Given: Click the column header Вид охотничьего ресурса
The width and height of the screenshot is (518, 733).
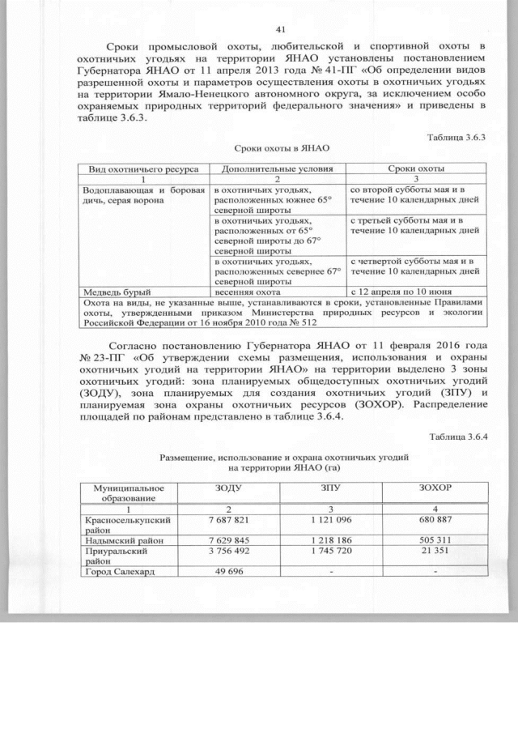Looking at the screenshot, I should [142, 168].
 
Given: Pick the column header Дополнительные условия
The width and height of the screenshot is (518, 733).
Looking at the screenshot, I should [278, 168].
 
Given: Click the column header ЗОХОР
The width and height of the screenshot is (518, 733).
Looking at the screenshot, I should [435, 489].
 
